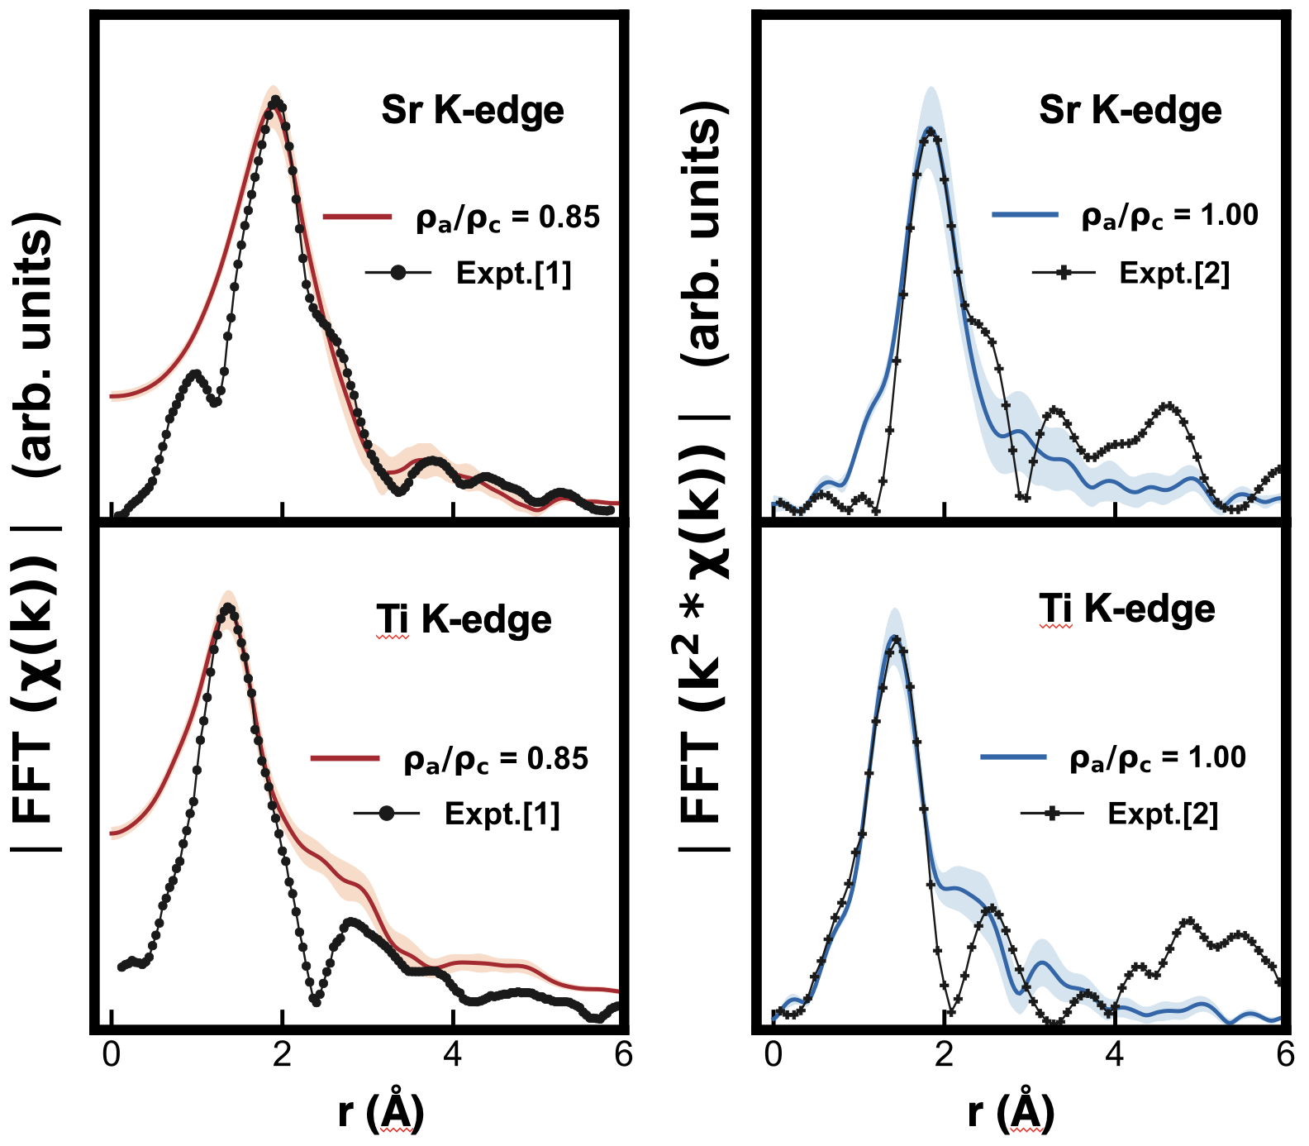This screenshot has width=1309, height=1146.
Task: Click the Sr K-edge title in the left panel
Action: (x=472, y=111)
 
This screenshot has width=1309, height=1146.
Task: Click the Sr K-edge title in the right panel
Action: (x=1130, y=111)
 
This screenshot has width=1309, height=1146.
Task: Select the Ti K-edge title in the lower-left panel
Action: (x=464, y=620)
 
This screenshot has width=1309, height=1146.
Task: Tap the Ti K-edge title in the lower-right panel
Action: (x=1126, y=609)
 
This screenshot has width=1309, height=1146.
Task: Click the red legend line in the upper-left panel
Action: (x=357, y=217)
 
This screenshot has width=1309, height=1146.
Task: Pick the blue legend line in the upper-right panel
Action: (x=1025, y=215)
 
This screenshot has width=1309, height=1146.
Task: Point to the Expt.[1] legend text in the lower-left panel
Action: (x=502, y=814)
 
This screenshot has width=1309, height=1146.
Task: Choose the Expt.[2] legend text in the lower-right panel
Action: (x=1163, y=814)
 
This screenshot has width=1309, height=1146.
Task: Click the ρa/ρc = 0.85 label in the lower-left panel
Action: (x=496, y=759)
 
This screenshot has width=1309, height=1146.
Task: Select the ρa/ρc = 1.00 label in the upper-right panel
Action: (x=1169, y=216)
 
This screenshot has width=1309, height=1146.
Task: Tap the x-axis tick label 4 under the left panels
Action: (x=453, y=1055)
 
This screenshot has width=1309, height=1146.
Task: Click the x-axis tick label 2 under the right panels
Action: (x=944, y=1055)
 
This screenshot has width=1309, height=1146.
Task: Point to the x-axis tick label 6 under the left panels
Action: (x=623, y=1055)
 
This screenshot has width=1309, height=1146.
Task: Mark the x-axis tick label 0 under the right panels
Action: (x=773, y=1055)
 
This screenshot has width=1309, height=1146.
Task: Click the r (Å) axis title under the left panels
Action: (x=381, y=1112)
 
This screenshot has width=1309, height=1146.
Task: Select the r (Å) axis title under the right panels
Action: (x=1011, y=1112)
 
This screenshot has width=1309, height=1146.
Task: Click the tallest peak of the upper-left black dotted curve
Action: (x=278, y=103)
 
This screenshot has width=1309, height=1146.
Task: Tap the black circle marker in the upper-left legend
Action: (x=399, y=272)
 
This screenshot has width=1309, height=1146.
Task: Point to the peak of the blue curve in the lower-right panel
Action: (x=893, y=637)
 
